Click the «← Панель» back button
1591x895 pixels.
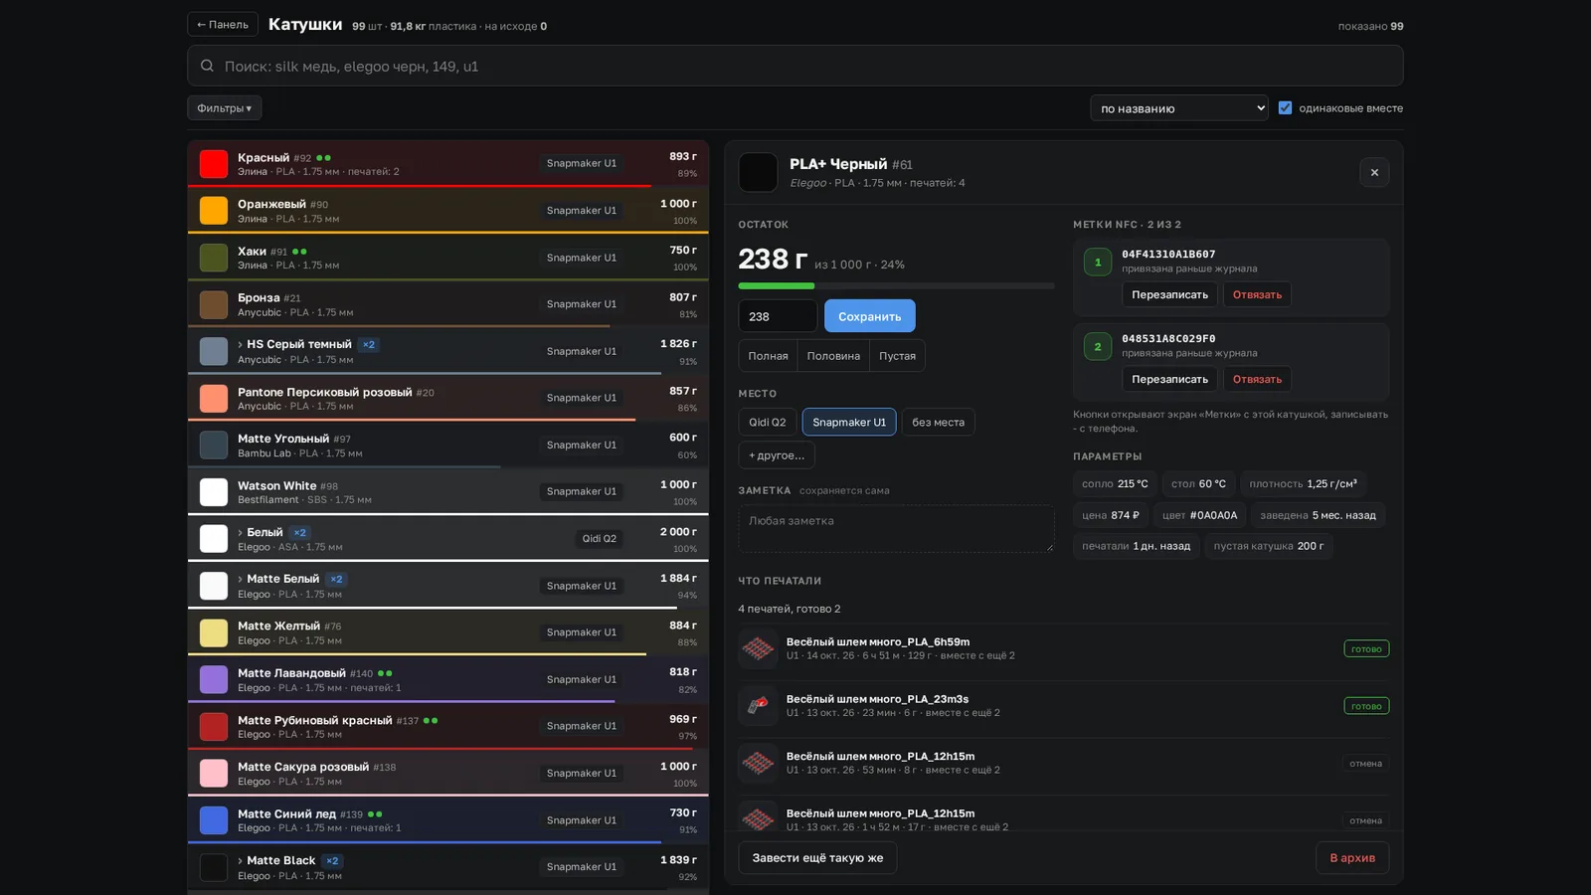(x=223, y=25)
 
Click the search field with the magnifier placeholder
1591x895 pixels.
(x=795, y=66)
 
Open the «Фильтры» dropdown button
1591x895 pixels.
(x=225, y=108)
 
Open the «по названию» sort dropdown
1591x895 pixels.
(x=1179, y=108)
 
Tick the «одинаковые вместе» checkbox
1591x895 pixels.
(x=1285, y=108)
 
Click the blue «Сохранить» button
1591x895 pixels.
(x=869, y=316)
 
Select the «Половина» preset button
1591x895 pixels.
(x=833, y=356)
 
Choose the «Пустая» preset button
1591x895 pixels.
(x=897, y=356)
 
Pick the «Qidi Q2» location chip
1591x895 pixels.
(x=767, y=422)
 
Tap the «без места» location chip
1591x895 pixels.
(x=938, y=422)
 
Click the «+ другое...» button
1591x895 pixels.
(x=777, y=455)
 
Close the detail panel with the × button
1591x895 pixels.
(x=1374, y=173)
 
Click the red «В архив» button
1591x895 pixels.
(x=1352, y=857)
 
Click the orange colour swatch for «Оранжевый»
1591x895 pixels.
(x=213, y=211)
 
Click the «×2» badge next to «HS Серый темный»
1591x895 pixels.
(x=369, y=344)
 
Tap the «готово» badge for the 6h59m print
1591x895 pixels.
(x=1366, y=648)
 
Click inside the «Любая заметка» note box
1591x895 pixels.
(x=896, y=528)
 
